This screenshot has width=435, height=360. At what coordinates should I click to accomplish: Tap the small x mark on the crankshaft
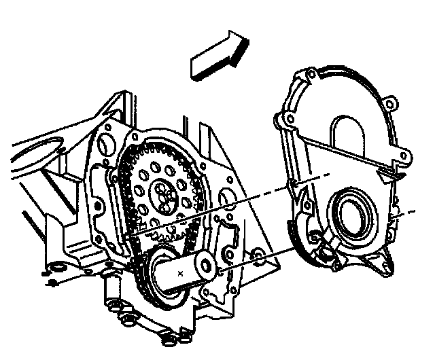coord(179,272)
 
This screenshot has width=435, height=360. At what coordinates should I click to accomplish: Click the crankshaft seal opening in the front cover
coord(351,215)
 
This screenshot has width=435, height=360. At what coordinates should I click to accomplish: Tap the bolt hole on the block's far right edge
coord(258,255)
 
